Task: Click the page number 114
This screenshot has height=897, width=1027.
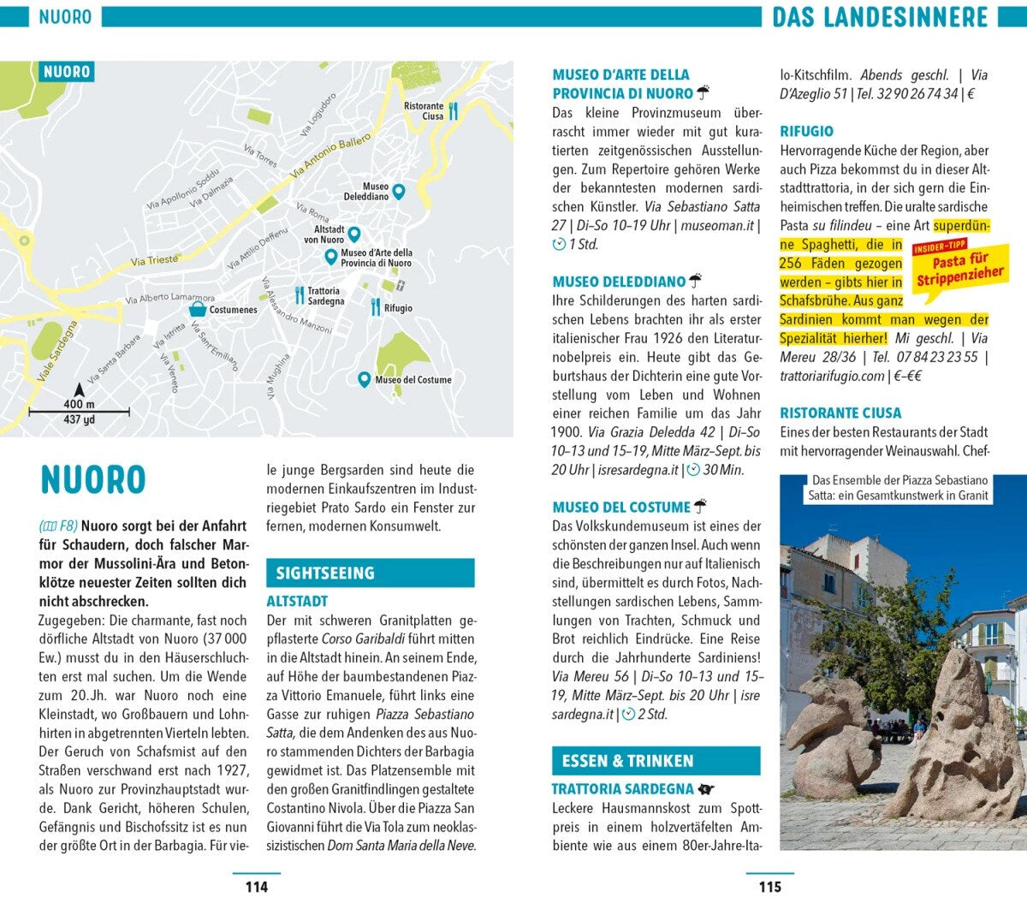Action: coord(256,887)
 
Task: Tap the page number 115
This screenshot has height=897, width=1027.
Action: coord(769,887)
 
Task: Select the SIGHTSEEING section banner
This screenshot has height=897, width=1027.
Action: coord(370,573)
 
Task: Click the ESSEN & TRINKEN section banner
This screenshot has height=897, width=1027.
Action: coord(656,760)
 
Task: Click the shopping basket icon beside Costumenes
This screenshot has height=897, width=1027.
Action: coord(198,309)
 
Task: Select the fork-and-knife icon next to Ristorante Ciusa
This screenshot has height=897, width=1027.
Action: coord(454,110)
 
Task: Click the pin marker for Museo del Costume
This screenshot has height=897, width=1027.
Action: coord(364,378)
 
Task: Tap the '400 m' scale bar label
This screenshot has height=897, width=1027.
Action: coord(79,404)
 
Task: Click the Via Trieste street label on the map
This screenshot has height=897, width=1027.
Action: coord(155,260)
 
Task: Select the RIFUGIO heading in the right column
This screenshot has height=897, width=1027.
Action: coord(806,131)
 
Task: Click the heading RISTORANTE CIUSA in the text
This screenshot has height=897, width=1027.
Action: coord(840,413)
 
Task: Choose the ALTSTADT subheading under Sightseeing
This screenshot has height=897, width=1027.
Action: coord(297,601)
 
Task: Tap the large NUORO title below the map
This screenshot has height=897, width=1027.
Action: coord(93,480)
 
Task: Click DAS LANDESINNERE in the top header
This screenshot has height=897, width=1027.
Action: coord(880,16)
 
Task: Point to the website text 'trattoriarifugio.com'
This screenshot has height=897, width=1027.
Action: coord(832,376)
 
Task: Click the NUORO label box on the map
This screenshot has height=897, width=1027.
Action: coord(66,72)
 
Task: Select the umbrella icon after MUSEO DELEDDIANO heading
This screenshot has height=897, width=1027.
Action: coord(696,280)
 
